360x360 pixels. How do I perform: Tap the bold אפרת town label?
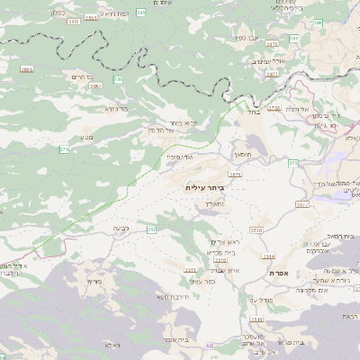point(276,271)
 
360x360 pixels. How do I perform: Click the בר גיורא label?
point(117,109)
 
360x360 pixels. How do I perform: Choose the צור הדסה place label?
point(183,132)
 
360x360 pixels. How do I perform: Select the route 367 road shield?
point(151,230)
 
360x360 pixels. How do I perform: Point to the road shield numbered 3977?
point(301,205)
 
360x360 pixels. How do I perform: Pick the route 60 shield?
point(208,346)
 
